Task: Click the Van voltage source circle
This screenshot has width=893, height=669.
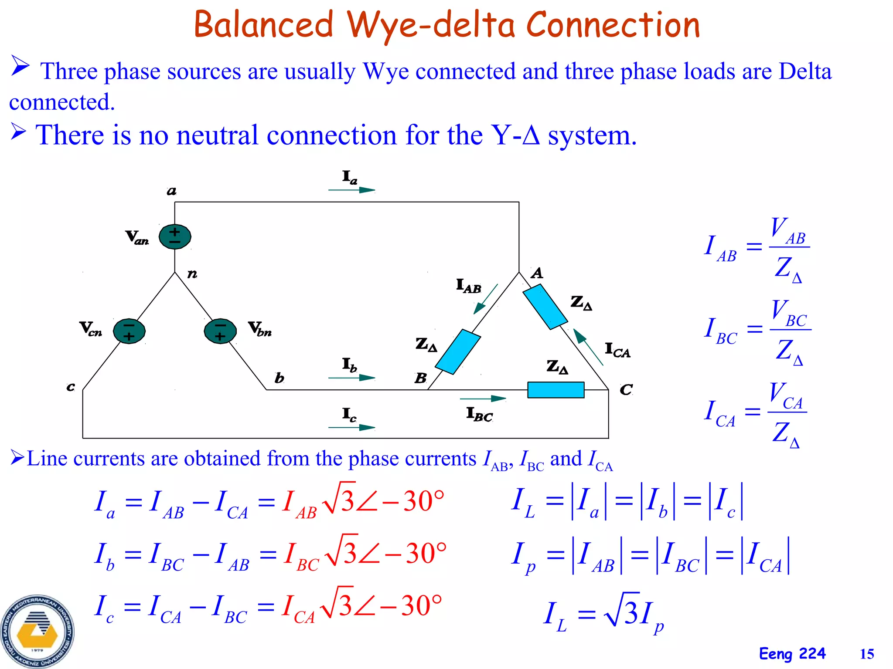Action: [175, 237]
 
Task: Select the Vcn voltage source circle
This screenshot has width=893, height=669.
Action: [129, 331]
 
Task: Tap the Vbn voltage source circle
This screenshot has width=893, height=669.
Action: [220, 331]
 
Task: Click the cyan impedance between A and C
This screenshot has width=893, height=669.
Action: [545, 307]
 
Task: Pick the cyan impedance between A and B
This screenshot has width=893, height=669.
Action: [458, 352]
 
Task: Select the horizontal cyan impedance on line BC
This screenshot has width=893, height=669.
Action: [556, 390]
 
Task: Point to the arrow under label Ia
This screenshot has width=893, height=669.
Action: [351, 190]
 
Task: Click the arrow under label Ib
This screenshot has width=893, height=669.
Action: [351, 378]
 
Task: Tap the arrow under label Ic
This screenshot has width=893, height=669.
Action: [351, 427]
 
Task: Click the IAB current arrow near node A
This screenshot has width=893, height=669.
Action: [486, 299]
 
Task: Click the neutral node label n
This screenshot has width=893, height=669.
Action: [192, 274]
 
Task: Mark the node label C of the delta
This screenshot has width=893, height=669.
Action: [626, 389]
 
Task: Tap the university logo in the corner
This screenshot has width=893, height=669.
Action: [37, 631]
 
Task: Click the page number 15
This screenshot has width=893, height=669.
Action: [867, 654]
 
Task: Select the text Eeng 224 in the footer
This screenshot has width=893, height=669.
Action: [792, 654]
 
